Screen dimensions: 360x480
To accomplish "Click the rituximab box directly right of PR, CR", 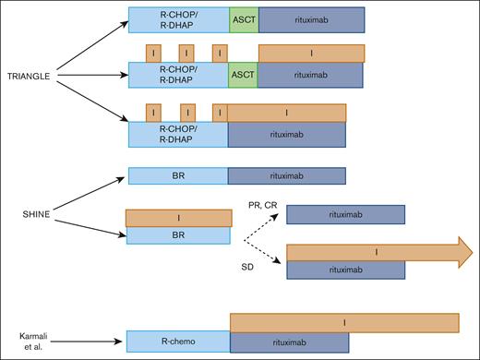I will (346, 214).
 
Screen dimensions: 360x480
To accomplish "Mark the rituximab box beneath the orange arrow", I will (346, 269).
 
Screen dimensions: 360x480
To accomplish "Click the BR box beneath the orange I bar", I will (179, 235).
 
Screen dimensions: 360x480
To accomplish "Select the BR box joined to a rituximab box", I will (178, 175).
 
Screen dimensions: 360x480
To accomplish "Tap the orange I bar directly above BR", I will (179, 217).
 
